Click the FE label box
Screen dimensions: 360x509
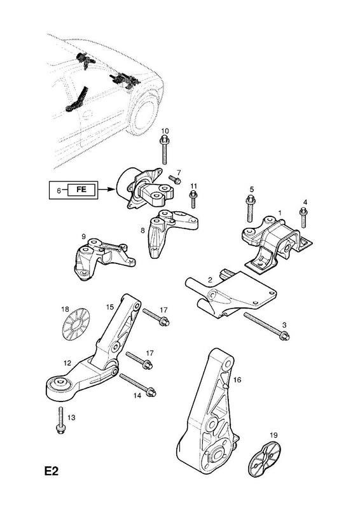81,190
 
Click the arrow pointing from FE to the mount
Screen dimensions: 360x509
106,190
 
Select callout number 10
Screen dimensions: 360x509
165,131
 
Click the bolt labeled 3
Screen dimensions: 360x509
267,326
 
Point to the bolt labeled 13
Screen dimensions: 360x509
60,420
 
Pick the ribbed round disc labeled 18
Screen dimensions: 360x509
76,323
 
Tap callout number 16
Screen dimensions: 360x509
237,379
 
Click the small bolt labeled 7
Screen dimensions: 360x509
175,179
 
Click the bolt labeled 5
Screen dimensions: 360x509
250,209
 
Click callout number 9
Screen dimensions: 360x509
83,236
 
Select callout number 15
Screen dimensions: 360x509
110,306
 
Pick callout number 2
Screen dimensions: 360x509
210,279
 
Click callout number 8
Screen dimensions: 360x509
142,231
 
